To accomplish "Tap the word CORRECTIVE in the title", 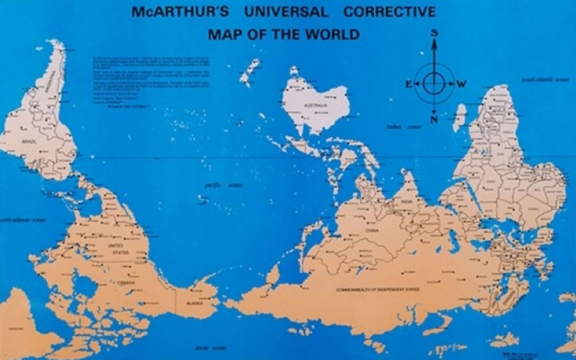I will (x=389, y=12).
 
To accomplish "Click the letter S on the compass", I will (x=434, y=33).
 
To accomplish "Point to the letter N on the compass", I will (x=434, y=120).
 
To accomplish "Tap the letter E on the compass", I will (x=408, y=84).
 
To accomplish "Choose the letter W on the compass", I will (x=461, y=84).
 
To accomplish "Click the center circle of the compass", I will (x=434, y=84).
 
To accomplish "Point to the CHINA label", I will (x=372, y=230).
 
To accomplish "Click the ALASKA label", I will (x=186, y=303).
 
